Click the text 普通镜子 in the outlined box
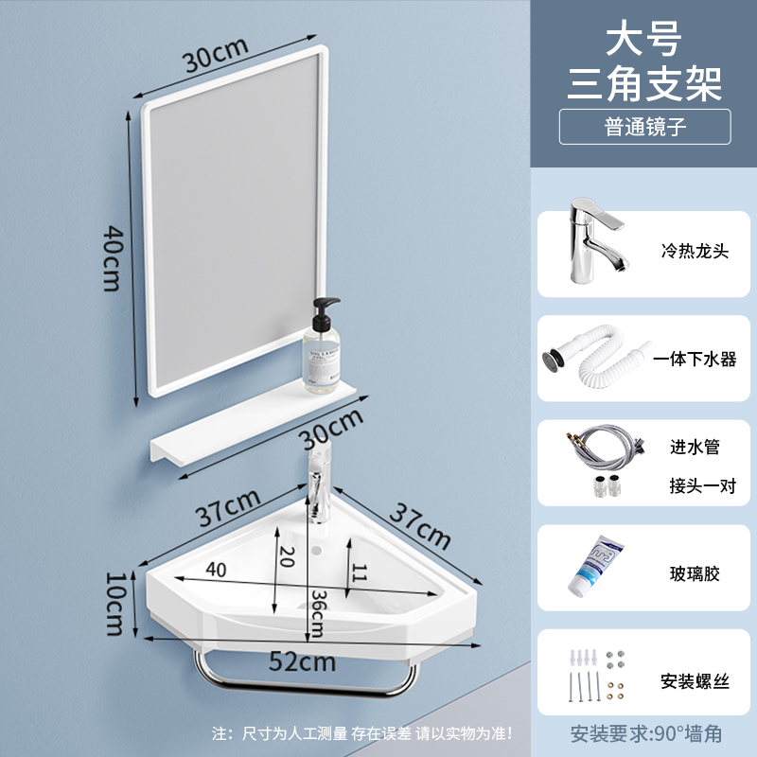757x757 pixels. (644, 127)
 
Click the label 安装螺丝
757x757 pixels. (695, 679)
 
